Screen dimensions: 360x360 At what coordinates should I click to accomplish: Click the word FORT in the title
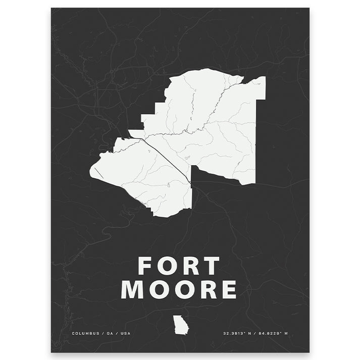(x=179, y=266)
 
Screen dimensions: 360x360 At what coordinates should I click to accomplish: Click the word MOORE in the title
(x=179, y=290)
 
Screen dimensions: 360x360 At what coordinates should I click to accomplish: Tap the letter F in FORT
(x=146, y=266)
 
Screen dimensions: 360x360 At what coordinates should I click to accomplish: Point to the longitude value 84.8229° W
(x=273, y=334)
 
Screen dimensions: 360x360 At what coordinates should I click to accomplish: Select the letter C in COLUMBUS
(x=73, y=334)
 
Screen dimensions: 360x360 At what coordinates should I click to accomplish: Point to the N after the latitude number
(x=249, y=334)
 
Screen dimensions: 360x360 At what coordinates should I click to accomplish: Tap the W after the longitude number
(x=286, y=334)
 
